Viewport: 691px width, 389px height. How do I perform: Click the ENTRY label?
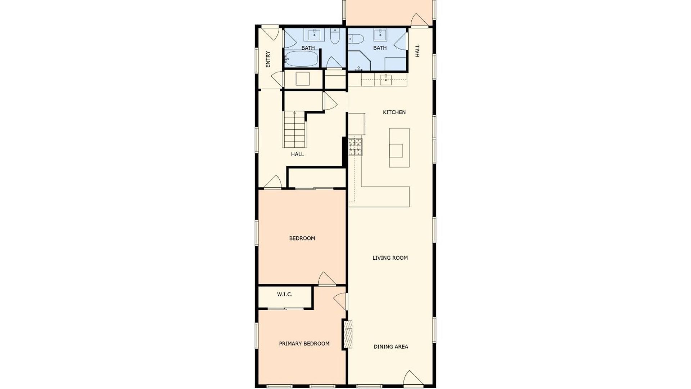268,59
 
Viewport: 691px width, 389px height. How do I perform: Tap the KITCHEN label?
394,112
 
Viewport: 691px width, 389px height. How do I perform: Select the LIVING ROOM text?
390,258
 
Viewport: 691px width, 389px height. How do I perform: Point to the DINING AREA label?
391,347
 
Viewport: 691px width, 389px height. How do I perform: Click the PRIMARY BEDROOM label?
304,344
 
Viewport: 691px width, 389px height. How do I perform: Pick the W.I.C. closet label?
285,294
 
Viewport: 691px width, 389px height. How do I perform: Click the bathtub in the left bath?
302,59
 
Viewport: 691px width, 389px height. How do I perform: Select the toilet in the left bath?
335,37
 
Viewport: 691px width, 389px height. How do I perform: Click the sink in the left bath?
314,35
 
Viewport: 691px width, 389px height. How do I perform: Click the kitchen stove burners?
355,147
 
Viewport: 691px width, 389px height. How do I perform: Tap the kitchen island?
399,148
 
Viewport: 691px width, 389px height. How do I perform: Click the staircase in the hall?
295,129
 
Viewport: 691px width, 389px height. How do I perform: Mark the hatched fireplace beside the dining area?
348,334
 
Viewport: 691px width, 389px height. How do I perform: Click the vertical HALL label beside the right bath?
417,51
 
